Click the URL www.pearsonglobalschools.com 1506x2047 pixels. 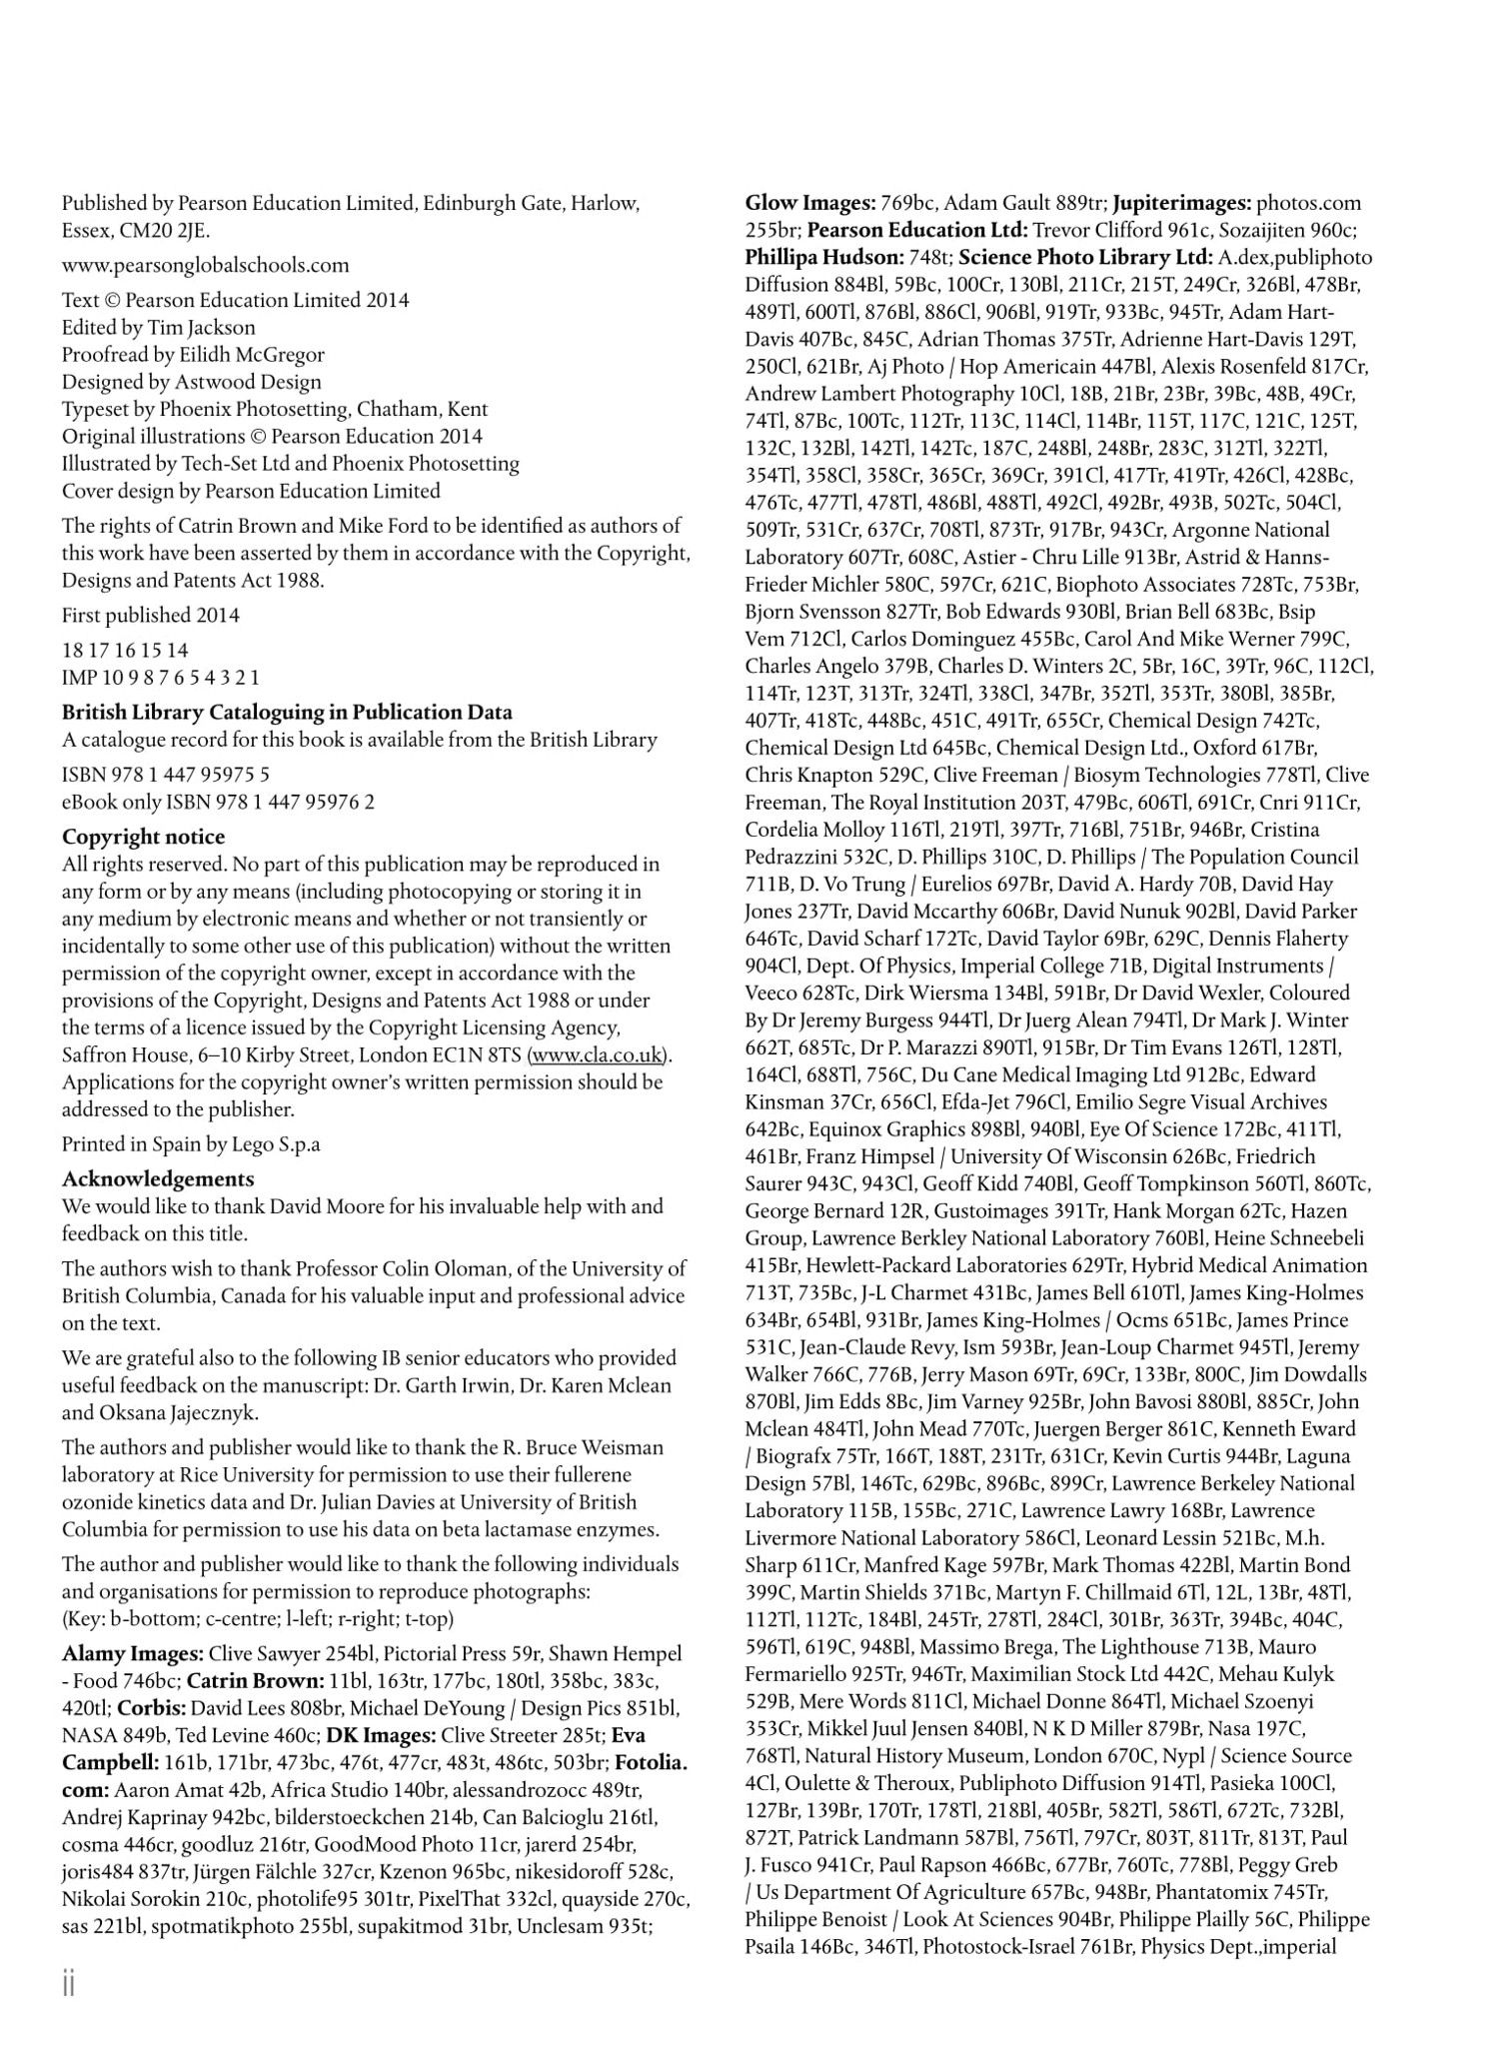[x=205, y=265]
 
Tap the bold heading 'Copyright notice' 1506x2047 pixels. [x=143, y=837]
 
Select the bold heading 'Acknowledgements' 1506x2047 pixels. [x=158, y=1178]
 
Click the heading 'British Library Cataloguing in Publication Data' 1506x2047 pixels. [x=287, y=713]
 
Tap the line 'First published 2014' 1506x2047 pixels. [x=151, y=615]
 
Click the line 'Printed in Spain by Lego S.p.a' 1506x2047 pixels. [x=191, y=1143]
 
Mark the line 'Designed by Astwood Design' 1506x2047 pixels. [x=192, y=381]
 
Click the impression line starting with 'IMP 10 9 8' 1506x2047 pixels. [x=160, y=677]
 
